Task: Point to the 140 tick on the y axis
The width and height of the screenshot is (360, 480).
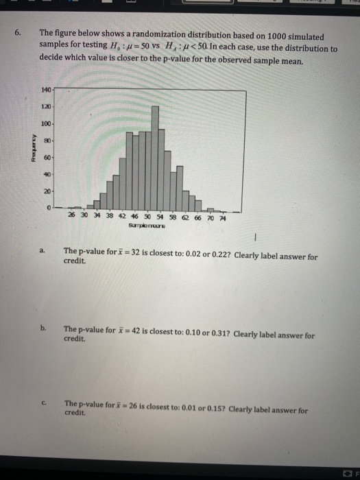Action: point(46,91)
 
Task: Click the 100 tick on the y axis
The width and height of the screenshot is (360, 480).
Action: point(46,124)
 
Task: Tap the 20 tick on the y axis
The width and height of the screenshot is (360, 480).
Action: point(46,191)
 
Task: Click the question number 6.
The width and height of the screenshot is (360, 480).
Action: point(19,32)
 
